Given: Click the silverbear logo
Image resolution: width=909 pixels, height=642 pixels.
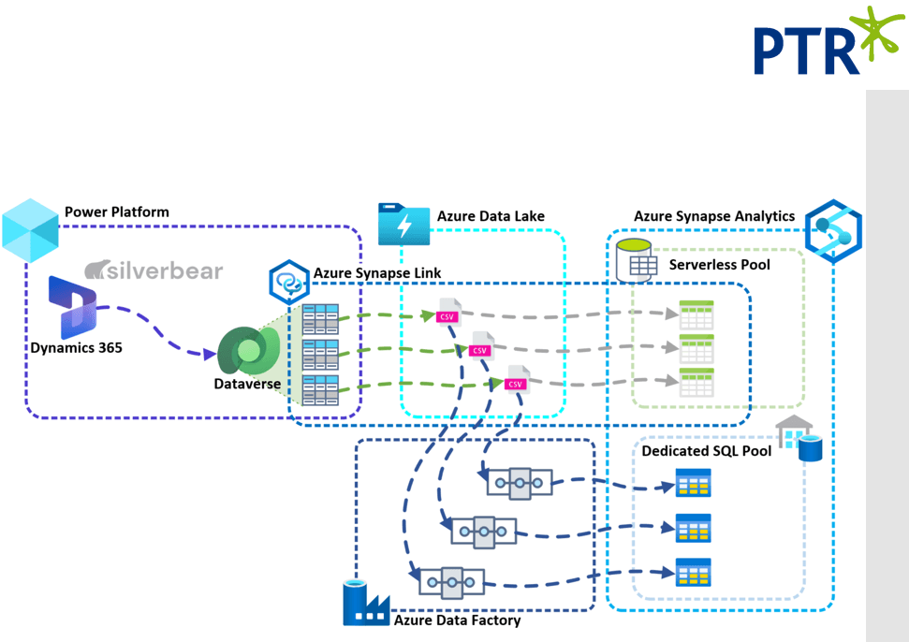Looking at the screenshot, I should [x=154, y=271].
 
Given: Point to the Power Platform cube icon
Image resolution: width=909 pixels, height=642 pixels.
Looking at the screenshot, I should [x=30, y=227].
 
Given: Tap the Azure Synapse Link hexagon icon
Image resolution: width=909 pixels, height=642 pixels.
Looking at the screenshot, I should [x=289, y=282].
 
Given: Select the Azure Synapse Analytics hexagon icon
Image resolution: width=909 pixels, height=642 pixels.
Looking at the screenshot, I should [x=832, y=230].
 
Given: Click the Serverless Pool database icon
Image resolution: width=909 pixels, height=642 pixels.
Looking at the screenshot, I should [x=634, y=261].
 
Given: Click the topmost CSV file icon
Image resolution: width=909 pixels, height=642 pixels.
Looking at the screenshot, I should [x=448, y=312].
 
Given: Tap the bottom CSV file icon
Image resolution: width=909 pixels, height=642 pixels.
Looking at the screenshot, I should [x=517, y=379].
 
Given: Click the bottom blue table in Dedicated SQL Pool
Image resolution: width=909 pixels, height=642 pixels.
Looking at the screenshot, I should [x=694, y=572].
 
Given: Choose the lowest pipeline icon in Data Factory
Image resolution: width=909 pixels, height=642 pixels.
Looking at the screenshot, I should [x=451, y=582].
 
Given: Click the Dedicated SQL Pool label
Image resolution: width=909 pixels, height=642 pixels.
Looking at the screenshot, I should [x=706, y=451].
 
